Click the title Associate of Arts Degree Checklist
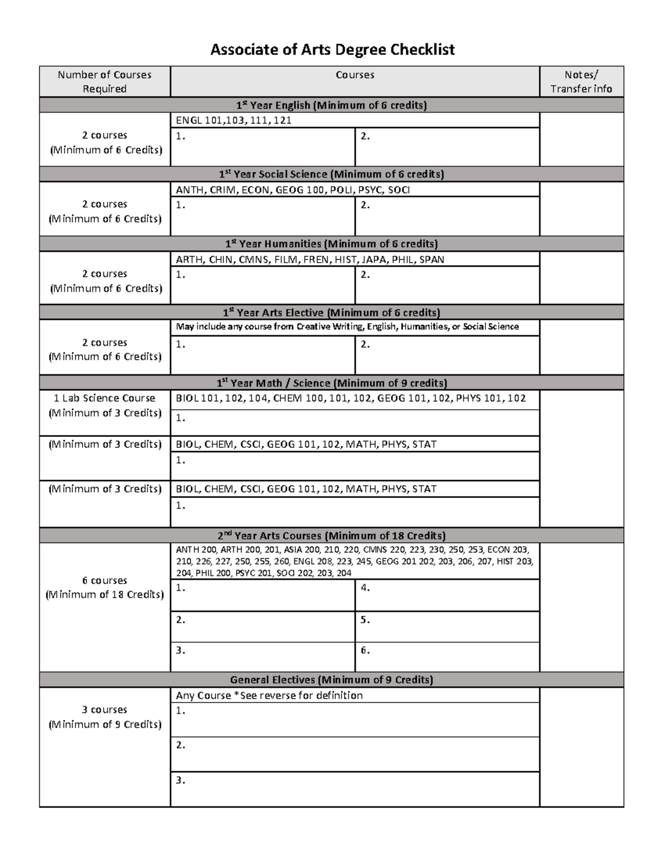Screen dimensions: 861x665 click(x=332, y=50)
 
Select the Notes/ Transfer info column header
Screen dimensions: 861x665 click(x=581, y=81)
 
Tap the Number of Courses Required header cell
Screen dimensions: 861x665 click(x=104, y=81)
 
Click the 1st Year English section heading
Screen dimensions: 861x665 click(x=331, y=105)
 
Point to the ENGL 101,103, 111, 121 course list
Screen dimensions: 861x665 click(x=233, y=120)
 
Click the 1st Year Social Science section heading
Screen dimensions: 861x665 click(x=331, y=174)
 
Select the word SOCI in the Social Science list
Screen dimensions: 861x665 click(x=399, y=190)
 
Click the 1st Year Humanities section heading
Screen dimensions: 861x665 click(x=331, y=244)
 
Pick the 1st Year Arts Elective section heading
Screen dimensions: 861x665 click(x=331, y=313)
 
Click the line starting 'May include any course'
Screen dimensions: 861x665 click(x=347, y=327)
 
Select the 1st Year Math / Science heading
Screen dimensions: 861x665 click(x=331, y=383)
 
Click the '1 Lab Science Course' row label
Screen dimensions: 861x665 click(x=104, y=398)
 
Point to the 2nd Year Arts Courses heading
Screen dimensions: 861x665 click(x=331, y=536)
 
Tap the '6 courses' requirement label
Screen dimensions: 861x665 click(x=104, y=580)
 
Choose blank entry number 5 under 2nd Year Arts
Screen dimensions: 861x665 click(x=447, y=626)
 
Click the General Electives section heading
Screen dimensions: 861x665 click(x=331, y=680)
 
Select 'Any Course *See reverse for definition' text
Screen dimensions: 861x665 click(x=269, y=695)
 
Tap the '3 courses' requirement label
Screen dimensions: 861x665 click(x=104, y=710)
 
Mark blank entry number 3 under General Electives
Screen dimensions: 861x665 click(x=355, y=788)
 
